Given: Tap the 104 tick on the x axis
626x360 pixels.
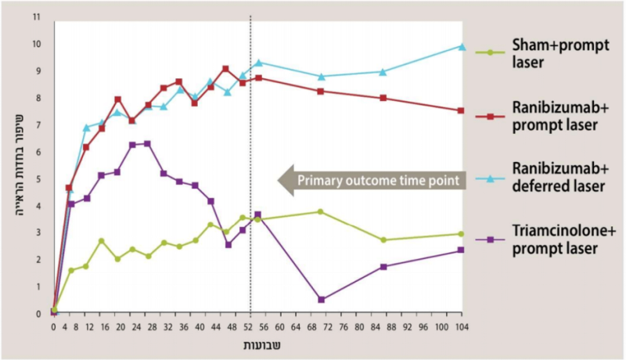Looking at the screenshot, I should pos(462,328).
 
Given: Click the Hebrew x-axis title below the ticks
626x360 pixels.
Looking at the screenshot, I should pos(258,344).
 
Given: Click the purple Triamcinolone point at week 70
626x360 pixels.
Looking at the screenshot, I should pos(322,299).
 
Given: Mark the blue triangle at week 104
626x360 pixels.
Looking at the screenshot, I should pos(462,46).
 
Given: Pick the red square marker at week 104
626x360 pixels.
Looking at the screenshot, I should pos(462,110).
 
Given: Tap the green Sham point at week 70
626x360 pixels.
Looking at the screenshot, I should pos(321,211).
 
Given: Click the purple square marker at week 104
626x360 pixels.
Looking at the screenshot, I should pos(462,250).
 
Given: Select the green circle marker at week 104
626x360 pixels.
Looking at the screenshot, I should pos(462,234).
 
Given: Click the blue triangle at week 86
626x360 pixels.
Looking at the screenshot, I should pos(383,71).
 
